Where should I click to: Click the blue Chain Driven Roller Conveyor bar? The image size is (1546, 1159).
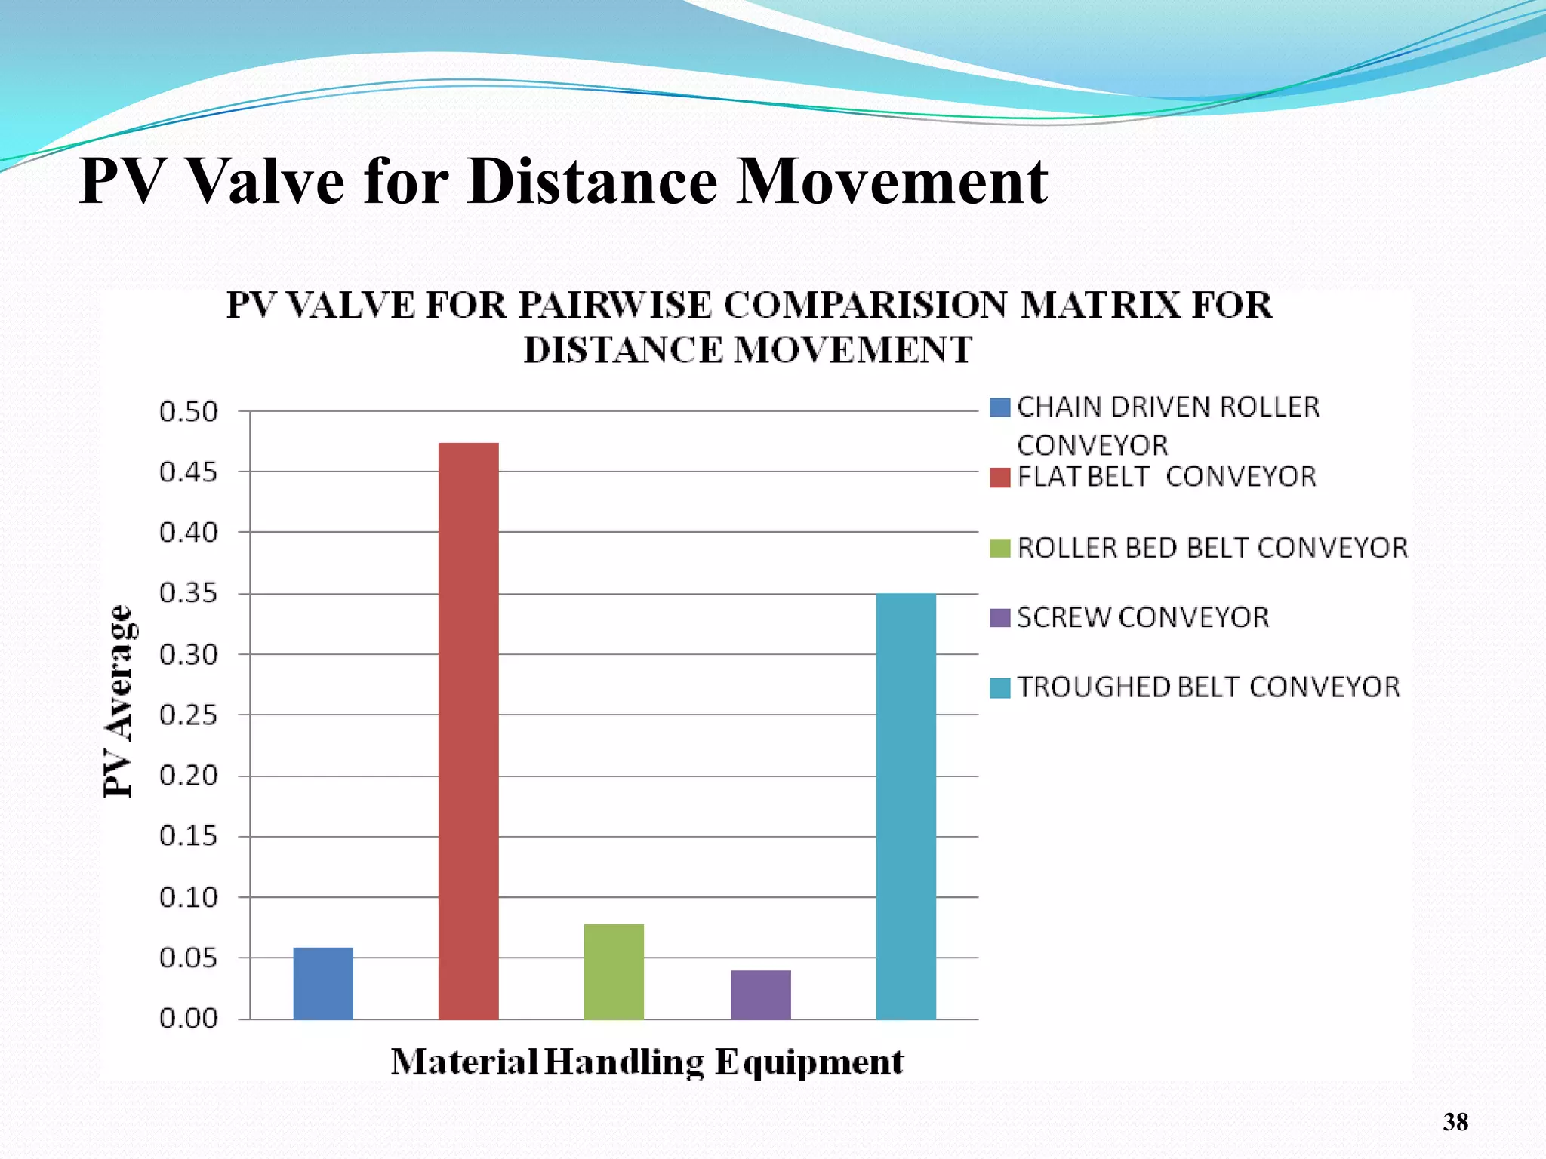click(x=323, y=982)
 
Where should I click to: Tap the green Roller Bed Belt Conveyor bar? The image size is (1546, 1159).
click(x=614, y=971)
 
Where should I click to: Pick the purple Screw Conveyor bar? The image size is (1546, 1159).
click(x=760, y=995)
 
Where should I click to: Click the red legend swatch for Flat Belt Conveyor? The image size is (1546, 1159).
click(x=999, y=478)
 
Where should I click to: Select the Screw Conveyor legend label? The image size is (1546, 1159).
click(x=1143, y=618)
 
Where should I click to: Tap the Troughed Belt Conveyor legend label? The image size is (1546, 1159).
click(x=1208, y=687)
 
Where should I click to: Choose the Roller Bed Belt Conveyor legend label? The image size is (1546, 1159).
click(x=1212, y=548)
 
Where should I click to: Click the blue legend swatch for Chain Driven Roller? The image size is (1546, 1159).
click(x=999, y=407)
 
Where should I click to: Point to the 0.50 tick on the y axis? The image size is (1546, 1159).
click(x=189, y=412)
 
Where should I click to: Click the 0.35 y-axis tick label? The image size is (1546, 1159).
click(x=189, y=594)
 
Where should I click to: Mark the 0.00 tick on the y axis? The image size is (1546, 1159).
click(x=189, y=1019)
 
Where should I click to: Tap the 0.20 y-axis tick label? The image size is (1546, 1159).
click(x=189, y=776)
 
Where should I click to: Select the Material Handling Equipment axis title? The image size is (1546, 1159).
click(x=647, y=1062)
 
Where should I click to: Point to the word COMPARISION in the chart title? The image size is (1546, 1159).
click(x=865, y=306)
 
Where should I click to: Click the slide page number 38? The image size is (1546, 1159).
click(x=1455, y=1122)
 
